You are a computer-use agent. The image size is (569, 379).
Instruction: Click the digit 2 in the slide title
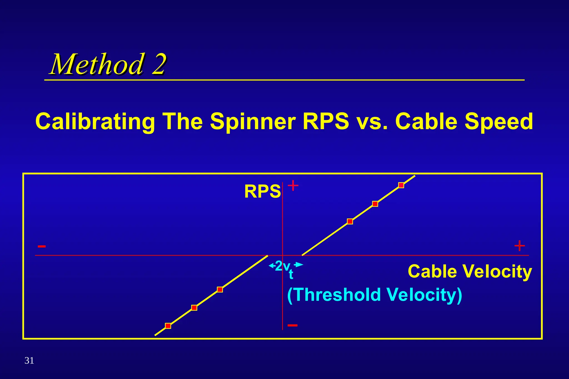pyautogui.click(x=159, y=64)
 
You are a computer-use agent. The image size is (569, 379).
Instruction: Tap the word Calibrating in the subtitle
pyautogui.click(x=95, y=122)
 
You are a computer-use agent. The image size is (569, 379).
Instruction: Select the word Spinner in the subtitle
pyautogui.click(x=253, y=122)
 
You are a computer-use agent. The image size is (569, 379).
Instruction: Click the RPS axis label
pyautogui.click(x=262, y=191)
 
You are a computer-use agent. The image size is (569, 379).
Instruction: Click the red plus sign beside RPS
pyautogui.click(x=293, y=185)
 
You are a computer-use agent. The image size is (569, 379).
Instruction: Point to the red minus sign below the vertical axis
pyautogui.click(x=293, y=325)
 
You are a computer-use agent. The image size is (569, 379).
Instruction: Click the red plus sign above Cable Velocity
pyautogui.click(x=520, y=246)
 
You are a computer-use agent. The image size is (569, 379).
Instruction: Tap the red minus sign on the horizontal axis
pyautogui.click(x=42, y=246)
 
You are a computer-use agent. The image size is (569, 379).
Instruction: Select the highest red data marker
pyautogui.click(x=401, y=185)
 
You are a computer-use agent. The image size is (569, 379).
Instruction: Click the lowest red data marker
pyautogui.click(x=168, y=326)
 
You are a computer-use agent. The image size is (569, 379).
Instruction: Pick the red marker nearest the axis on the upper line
pyautogui.click(x=350, y=221)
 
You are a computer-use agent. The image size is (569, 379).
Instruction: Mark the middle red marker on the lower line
pyautogui.click(x=194, y=308)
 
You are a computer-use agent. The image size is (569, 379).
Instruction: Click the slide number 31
pyautogui.click(x=29, y=360)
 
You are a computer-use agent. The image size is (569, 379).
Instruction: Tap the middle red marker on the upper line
pyautogui.click(x=375, y=204)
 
